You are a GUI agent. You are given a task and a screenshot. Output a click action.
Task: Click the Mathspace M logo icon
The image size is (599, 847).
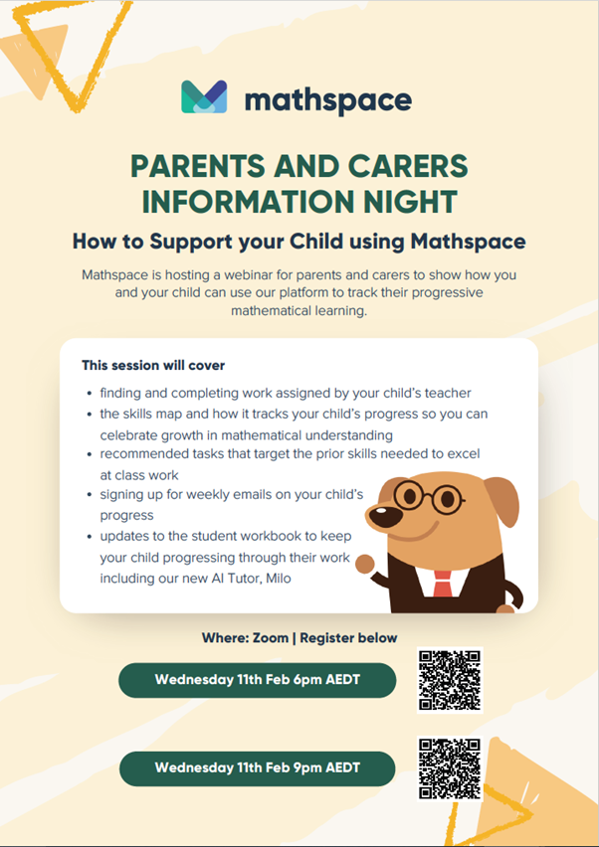(204, 96)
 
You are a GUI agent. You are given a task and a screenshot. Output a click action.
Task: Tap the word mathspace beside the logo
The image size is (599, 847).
(328, 100)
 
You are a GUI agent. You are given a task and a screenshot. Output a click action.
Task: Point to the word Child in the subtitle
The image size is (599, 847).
(316, 241)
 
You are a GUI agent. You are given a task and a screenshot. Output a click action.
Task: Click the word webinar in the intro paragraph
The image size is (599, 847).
(249, 274)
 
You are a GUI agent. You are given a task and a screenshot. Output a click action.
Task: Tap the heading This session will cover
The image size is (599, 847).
(153, 365)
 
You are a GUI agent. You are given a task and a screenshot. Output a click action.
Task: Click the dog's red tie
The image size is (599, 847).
(442, 584)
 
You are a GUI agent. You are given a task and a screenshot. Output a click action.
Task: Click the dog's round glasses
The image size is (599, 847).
(428, 495)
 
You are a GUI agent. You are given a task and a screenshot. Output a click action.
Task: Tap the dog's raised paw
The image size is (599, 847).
(365, 565)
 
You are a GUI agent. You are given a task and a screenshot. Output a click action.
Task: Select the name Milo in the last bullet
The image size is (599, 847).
(279, 578)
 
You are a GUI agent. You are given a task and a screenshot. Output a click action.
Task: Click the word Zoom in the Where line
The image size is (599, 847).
(271, 638)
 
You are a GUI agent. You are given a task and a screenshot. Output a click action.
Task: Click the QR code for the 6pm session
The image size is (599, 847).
(450, 680)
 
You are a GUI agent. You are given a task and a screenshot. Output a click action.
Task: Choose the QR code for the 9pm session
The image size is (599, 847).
(450, 769)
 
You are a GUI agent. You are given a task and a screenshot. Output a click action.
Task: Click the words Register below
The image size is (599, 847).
(348, 638)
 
